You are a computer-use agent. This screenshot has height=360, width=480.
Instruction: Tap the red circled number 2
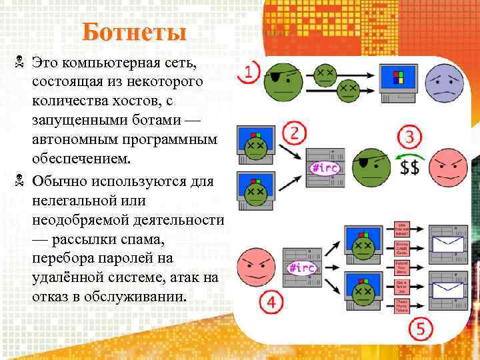293,133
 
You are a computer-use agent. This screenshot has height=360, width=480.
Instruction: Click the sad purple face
445,83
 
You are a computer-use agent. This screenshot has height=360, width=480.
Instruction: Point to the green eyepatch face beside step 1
283,83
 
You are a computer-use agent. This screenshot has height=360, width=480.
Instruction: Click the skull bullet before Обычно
19,180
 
